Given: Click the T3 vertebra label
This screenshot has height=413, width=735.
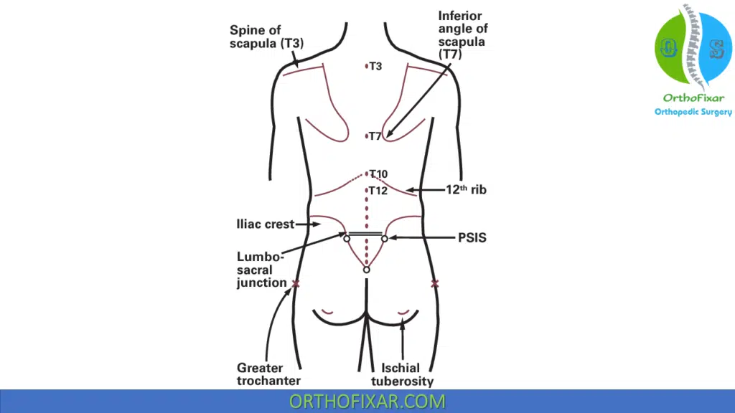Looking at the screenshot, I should [x=375, y=67].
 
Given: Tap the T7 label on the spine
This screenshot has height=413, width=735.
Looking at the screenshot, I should [x=375, y=136].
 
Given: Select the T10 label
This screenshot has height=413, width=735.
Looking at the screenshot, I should [x=378, y=174].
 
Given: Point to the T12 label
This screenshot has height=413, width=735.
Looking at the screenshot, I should [x=378, y=191].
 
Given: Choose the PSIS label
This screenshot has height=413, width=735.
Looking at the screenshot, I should [x=472, y=237].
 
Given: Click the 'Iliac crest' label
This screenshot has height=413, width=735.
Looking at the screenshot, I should [x=265, y=224].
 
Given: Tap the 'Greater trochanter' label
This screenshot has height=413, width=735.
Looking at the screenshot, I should [x=268, y=374].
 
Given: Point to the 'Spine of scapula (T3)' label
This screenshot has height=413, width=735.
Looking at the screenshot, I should [x=266, y=37].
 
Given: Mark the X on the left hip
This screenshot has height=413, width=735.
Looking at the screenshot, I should [x=296, y=284].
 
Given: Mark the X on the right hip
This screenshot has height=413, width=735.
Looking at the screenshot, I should [x=434, y=284].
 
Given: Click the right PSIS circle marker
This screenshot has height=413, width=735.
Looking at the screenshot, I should [x=385, y=238].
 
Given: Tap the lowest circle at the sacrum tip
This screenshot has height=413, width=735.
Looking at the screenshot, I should [x=366, y=270].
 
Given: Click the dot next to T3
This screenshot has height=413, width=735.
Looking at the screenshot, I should [x=366, y=67].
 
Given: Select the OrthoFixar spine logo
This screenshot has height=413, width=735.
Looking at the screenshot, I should [x=693, y=49].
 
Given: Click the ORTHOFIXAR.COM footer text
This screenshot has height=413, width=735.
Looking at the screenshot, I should [x=367, y=402].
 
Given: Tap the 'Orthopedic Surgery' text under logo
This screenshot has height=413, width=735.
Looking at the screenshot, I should [x=693, y=112].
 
